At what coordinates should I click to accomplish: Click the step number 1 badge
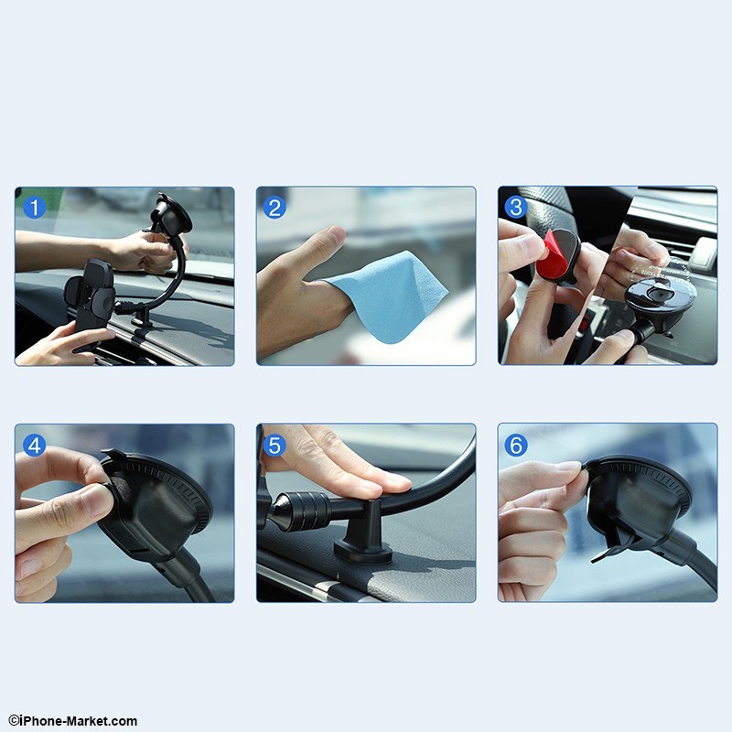33,208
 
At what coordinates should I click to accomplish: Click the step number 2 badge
274,208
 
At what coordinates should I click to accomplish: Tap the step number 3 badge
516,208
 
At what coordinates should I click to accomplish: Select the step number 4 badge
34,446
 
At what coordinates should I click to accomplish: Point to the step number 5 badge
275,446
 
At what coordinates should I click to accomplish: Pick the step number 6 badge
517,446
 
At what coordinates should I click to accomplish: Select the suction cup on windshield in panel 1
171,216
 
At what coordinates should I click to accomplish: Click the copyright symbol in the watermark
13,721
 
